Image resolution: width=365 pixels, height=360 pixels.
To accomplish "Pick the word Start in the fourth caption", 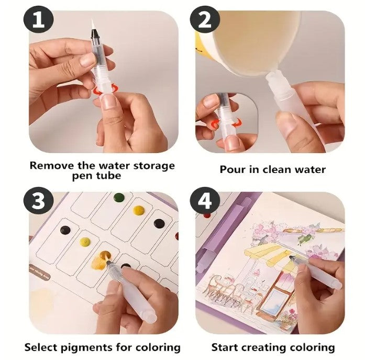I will point(226,347).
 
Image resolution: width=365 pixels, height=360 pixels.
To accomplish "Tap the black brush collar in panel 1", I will point(95,34).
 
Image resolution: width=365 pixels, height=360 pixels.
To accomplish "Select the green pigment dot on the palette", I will point(119,198).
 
